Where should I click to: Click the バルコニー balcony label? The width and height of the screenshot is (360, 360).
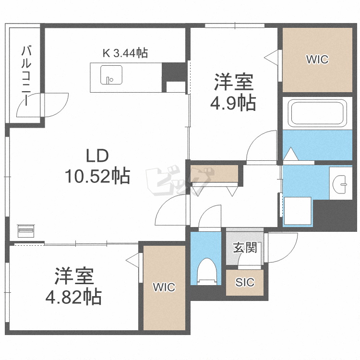coord(27,76)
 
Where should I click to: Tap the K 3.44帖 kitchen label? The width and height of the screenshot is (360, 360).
coord(124,53)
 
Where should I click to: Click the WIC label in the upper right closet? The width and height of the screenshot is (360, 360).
coord(317,60)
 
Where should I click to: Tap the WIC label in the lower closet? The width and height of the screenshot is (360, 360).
coord(164,288)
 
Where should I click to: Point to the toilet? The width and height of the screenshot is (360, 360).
coord(208,271)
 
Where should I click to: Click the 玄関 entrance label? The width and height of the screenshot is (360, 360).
coord(245,248)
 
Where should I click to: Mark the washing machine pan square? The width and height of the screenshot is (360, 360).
coord(298,210)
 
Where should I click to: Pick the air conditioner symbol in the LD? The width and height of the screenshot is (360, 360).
coord(26,230)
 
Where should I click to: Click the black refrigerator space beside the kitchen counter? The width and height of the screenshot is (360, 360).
coord(173,72)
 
